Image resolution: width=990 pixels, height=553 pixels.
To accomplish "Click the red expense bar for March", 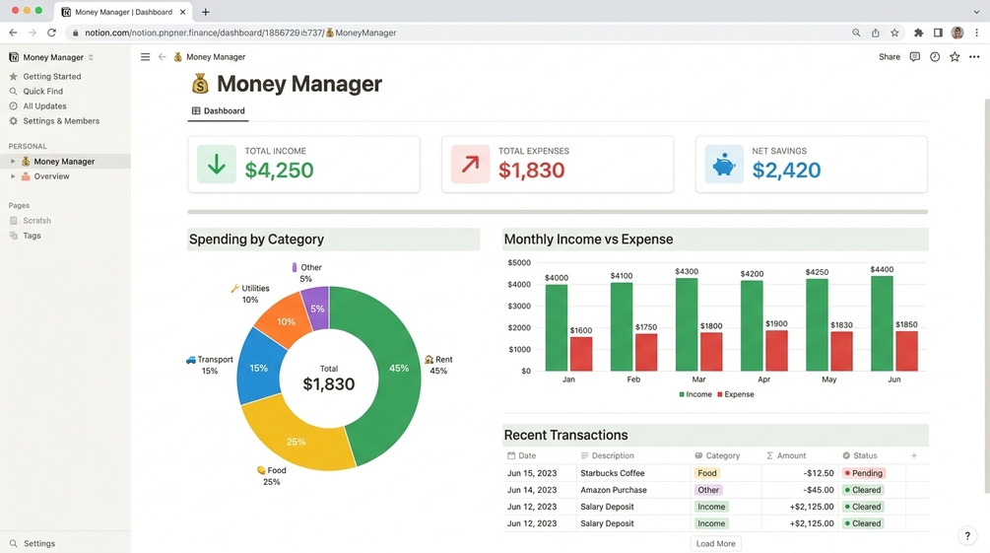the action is point(711,351).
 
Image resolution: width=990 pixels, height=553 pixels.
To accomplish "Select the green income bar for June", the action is point(882,323).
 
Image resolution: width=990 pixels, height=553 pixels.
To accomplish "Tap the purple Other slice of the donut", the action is point(316,308).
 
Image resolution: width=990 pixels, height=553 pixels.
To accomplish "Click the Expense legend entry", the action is point(736,394).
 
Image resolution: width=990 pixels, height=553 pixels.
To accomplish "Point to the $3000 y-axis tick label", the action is point(519,306).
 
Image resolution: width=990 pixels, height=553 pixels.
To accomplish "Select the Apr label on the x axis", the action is point(764,380).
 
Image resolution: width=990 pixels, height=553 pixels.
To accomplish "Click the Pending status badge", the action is point(864,473).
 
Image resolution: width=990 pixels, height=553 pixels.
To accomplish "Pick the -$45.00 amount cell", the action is point(819,490).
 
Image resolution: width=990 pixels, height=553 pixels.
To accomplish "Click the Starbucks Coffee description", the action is point(613,473).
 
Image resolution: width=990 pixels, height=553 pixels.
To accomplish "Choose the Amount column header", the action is point(786,455).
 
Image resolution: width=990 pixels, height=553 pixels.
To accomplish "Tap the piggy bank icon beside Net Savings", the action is point(724,165).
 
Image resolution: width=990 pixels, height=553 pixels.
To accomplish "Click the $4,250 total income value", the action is point(279,170).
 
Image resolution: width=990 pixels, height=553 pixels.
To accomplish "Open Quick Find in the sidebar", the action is point(43,91).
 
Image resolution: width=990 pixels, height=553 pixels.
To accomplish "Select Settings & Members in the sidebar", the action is point(61,120).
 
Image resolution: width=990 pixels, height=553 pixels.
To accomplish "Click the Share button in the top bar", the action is point(889,57).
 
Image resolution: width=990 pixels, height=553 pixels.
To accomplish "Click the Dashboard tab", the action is point(219,110).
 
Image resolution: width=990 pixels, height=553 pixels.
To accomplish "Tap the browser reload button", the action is point(52,33).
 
